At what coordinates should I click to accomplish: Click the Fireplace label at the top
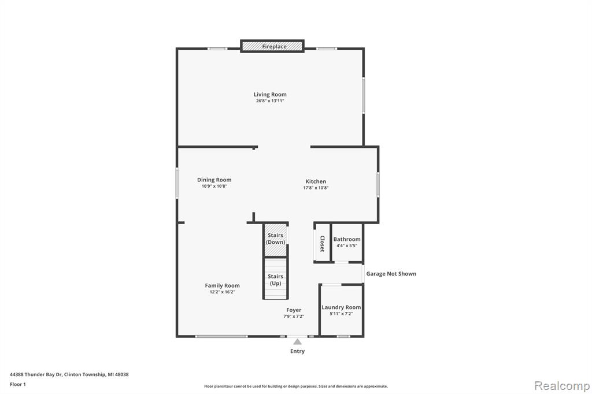(x=274, y=46)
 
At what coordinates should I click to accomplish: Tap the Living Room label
(x=270, y=94)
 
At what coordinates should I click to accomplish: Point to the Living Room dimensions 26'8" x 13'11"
(x=270, y=101)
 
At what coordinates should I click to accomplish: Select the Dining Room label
(x=214, y=180)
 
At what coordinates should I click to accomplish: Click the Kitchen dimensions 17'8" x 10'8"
(x=316, y=188)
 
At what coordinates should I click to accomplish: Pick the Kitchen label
(x=316, y=181)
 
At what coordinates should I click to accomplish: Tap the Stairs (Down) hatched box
(x=276, y=240)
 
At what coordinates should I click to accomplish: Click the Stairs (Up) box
(x=276, y=278)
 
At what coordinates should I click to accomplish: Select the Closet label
(x=322, y=243)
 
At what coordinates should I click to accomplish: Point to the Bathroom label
(x=347, y=239)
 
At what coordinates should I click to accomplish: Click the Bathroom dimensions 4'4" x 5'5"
(x=347, y=246)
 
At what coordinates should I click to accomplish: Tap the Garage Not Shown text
(x=391, y=274)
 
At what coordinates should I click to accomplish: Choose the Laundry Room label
(x=341, y=307)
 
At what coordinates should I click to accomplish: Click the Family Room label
(x=223, y=286)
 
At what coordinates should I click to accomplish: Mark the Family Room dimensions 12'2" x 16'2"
(x=223, y=292)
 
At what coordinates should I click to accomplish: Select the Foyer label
(x=294, y=310)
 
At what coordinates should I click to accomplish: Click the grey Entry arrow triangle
(x=298, y=341)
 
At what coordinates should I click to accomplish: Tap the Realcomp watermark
(x=562, y=386)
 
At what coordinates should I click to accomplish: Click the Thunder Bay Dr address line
(x=69, y=374)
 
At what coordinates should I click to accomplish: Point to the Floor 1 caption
(x=18, y=384)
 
